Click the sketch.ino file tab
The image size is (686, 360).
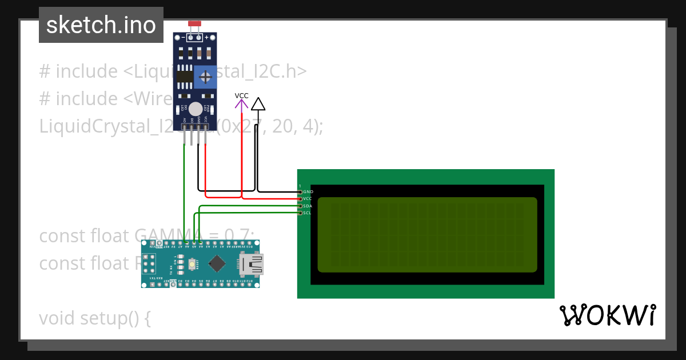point(101,25)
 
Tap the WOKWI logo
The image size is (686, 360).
point(607,315)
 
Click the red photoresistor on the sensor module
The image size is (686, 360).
point(194,24)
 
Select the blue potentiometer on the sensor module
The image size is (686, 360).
point(205,76)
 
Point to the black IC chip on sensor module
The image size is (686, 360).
point(184,77)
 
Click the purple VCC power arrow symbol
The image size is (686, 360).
point(241,103)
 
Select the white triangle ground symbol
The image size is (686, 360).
point(258,103)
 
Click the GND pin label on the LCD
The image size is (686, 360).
point(308,191)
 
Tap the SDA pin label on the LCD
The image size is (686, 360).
point(308,206)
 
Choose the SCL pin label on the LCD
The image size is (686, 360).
point(308,213)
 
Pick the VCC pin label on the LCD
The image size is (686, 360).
point(308,198)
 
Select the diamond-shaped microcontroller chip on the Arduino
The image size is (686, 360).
point(217,263)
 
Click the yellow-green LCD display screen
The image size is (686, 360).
point(427,234)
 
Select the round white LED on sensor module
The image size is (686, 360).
point(196,109)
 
